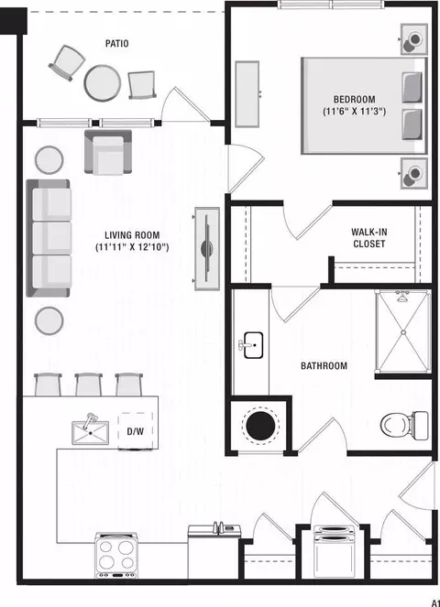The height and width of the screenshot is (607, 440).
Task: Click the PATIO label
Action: coord(116,43)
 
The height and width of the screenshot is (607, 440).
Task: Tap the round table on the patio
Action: coord(103,83)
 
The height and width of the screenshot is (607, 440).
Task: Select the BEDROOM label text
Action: coord(355,100)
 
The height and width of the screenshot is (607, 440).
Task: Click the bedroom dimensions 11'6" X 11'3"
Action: coord(355,112)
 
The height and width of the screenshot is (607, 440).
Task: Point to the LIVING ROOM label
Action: coord(132,235)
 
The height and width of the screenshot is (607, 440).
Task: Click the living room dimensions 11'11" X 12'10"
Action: coord(132,247)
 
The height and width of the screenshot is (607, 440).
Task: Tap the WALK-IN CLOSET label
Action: coord(369,238)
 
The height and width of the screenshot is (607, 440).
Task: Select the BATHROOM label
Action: coord(324,366)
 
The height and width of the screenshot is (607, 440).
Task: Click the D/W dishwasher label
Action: coord(135,431)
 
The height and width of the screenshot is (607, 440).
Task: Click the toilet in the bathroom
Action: coord(405,425)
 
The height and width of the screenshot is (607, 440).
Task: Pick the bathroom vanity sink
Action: coord(252,345)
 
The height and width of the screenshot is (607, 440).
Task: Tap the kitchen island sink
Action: coord(91,431)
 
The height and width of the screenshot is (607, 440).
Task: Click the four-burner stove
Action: coord(115,556)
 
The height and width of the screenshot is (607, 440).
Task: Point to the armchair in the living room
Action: coord(108,152)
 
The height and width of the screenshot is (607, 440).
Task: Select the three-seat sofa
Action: coord(48,238)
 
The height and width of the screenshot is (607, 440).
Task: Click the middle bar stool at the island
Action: coord(89,385)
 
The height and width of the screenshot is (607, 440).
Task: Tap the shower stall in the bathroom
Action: coord(403,331)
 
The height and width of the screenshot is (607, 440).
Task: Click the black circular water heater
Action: coord(260,426)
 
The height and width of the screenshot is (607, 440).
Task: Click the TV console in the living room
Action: coord(207,248)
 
